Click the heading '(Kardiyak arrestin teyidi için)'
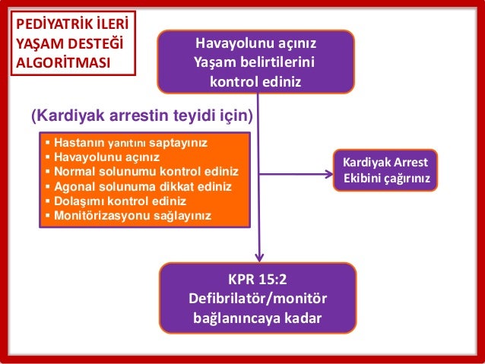click(142, 116)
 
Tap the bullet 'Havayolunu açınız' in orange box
click(103, 157)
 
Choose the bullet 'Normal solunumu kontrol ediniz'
click(141, 171)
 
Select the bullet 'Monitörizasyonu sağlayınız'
click(128, 215)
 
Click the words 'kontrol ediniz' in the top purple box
click(255, 80)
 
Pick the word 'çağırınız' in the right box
click(406, 180)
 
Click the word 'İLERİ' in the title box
click(111, 24)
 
